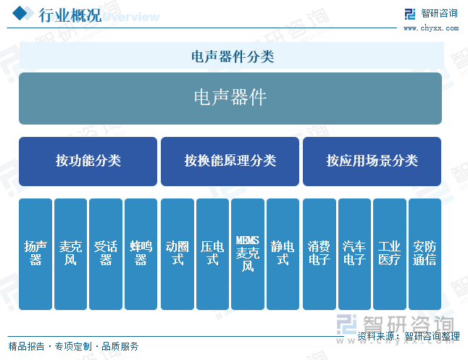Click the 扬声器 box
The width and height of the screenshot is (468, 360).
(x=35, y=254)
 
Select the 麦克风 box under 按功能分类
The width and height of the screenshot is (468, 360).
(x=70, y=254)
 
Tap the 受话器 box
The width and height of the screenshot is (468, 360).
(x=106, y=254)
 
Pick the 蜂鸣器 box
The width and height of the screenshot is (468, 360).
(x=141, y=254)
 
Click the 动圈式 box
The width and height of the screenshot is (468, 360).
(x=177, y=254)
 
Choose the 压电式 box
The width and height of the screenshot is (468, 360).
(x=212, y=254)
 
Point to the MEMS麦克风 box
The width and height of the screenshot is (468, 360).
(x=248, y=254)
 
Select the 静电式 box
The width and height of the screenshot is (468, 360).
(x=283, y=254)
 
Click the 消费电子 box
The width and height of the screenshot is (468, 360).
(x=319, y=254)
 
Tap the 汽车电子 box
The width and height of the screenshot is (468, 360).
(x=354, y=254)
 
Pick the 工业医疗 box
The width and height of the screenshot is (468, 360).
(x=390, y=254)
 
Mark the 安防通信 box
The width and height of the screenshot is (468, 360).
(x=425, y=254)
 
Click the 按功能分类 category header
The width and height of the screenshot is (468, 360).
(x=88, y=162)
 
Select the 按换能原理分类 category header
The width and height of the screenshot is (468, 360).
(x=230, y=162)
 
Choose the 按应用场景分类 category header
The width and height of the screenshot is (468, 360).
(x=372, y=162)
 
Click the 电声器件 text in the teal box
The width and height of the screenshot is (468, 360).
(x=230, y=97)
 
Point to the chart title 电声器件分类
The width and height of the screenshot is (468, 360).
(x=233, y=56)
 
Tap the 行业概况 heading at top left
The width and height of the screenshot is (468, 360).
(x=70, y=15)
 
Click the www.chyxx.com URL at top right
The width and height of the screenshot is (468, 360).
(x=431, y=28)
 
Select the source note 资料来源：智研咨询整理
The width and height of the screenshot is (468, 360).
(x=409, y=336)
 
